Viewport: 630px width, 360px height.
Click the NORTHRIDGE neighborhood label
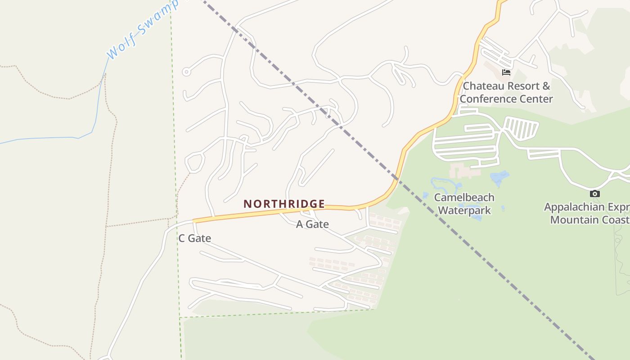(x=284, y=204)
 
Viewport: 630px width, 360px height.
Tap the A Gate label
(x=312, y=224)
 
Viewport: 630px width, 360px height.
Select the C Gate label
(x=194, y=238)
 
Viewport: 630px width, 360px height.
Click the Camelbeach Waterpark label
(x=464, y=204)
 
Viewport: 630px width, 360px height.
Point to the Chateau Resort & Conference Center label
(x=506, y=92)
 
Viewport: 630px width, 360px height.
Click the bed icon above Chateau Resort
(x=506, y=72)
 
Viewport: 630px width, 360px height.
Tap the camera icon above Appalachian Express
(x=594, y=194)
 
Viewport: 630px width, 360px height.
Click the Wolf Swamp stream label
(x=139, y=29)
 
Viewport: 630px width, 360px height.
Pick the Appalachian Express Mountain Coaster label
(x=587, y=213)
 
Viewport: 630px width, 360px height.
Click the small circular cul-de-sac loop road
(x=186, y=72)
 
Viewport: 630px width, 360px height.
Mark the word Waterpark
(x=464, y=210)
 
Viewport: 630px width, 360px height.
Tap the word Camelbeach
(x=464, y=198)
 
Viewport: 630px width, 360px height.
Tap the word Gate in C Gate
(x=200, y=238)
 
